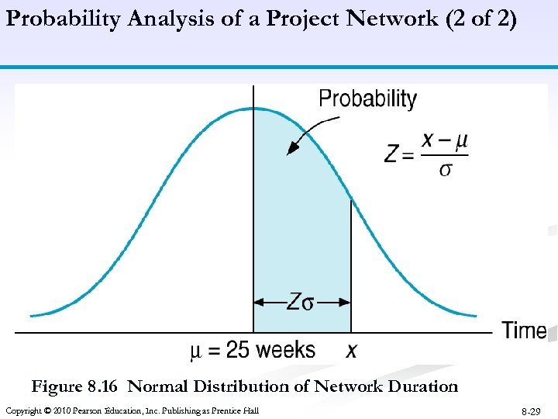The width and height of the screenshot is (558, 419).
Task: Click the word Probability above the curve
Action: pyautogui.click(x=367, y=99)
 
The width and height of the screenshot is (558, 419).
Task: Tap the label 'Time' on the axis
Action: pyautogui.click(x=524, y=331)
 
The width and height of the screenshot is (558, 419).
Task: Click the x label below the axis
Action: pyautogui.click(x=351, y=351)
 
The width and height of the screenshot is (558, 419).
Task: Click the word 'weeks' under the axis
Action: pyautogui.click(x=285, y=350)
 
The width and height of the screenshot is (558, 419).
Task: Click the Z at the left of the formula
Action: pyautogui.click(x=392, y=154)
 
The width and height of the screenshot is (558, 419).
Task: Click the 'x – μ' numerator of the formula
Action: pyautogui.click(x=444, y=141)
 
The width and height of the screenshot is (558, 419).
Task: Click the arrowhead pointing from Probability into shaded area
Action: pyautogui.click(x=292, y=149)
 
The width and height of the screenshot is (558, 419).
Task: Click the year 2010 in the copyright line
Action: pyautogui.click(x=60, y=410)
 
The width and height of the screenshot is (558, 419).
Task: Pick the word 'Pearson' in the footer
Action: pyautogui.click(x=88, y=410)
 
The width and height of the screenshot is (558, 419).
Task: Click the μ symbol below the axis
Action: pyautogui.click(x=196, y=351)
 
